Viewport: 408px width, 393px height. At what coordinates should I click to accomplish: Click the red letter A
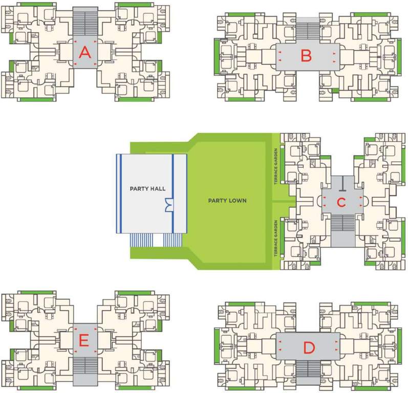tap(85, 53)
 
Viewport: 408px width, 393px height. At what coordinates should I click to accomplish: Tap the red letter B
tap(306, 56)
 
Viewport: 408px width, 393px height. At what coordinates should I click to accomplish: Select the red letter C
tap(341, 203)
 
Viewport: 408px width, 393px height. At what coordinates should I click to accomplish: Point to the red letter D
tap(308, 348)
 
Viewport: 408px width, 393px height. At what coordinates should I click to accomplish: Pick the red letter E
tap(85, 339)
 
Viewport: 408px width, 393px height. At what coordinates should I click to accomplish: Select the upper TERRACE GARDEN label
tap(275, 166)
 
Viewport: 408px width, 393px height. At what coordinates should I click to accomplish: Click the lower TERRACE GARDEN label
tap(275, 237)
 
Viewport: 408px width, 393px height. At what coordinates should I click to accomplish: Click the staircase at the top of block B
tap(306, 30)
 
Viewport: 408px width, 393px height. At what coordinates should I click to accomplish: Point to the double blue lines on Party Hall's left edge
tap(119, 193)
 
